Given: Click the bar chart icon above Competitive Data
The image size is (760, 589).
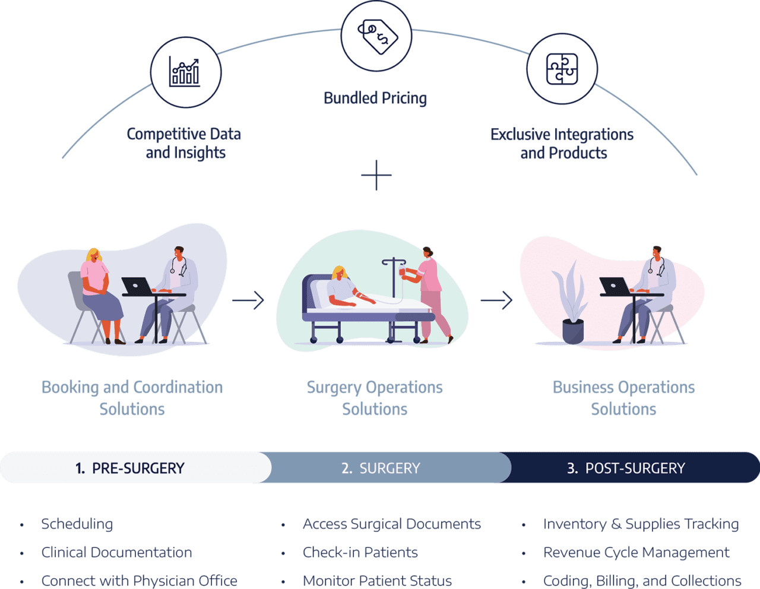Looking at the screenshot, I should tap(185, 72).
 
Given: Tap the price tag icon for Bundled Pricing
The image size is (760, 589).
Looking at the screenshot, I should tap(376, 35).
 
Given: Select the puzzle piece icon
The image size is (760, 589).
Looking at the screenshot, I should tap(562, 69).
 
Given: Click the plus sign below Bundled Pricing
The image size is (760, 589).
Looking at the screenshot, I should tap(376, 175).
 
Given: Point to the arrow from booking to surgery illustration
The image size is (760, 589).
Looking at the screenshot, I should tap(248, 300).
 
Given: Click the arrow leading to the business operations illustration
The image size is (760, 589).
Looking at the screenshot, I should tap(496, 300).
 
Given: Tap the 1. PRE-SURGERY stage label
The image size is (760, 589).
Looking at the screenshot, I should tap(130, 468).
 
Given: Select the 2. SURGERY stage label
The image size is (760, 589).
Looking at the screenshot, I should tap(381, 468).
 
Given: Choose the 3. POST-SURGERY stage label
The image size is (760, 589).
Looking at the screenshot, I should tap(626, 468).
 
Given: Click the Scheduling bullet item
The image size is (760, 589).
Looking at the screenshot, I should tap(77, 524).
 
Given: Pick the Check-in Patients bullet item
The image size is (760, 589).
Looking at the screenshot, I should tap(360, 552).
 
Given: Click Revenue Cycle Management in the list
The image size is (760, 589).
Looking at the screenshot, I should tap(636, 552).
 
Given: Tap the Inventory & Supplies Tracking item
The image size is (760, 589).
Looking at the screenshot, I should tap(641, 524).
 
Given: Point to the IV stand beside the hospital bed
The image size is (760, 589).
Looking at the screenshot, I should tap(392, 297).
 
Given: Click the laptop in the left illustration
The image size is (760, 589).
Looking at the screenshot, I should tap(137, 286).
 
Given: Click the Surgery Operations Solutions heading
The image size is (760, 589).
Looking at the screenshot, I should tap(375, 398).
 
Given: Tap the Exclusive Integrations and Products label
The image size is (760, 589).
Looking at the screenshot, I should tap(562, 144).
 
